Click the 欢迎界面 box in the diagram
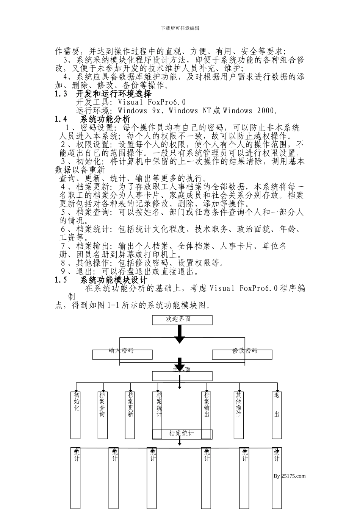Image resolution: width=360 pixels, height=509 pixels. tap(182, 320)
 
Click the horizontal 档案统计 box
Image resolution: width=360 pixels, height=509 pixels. tap(182, 434)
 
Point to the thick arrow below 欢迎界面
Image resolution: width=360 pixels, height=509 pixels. tap(180, 334)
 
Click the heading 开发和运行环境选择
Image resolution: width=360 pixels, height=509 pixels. tap(114, 94)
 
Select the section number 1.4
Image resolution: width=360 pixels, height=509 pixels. tap(61, 119)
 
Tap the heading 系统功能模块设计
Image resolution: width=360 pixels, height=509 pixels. tap(114, 280)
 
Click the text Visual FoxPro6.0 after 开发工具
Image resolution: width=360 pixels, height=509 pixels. tap(152, 102)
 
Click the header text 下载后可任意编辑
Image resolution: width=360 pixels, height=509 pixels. tap(180, 28)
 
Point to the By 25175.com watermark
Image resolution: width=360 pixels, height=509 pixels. tap(289, 476)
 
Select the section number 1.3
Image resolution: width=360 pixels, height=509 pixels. tap(61, 94)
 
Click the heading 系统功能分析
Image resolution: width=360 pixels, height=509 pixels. tap(105, 119)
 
